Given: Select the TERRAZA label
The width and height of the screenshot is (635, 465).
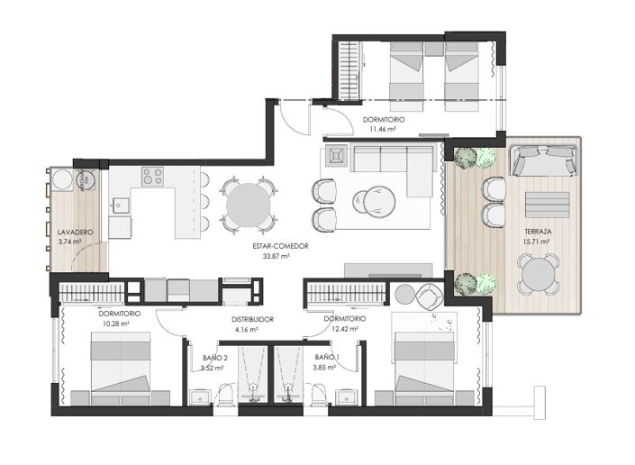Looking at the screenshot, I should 538,232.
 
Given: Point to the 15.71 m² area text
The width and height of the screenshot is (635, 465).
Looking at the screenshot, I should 538,242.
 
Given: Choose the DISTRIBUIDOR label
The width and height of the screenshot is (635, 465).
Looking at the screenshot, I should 247,320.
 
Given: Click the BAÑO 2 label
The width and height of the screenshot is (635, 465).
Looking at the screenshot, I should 214,357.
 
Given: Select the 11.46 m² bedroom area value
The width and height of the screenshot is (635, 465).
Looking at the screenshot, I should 384,129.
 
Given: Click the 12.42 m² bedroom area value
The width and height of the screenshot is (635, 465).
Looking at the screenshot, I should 345,330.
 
